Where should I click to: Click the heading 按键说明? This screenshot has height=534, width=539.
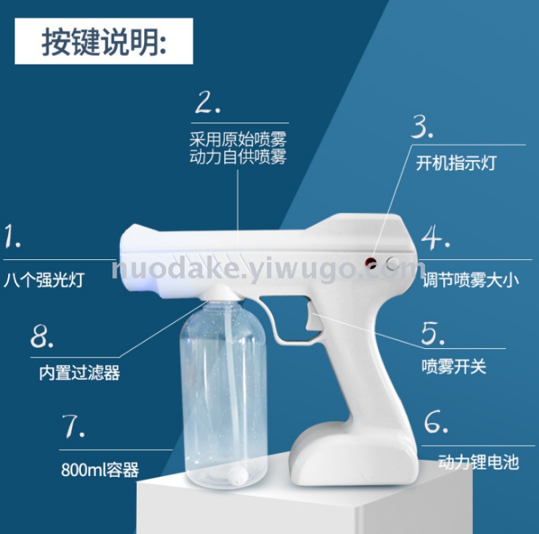click(104, 42)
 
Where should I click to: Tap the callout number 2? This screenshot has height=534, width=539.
click(208, 102)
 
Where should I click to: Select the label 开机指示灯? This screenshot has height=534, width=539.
click(456, 162)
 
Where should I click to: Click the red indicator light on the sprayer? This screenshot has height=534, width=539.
click(371, 263)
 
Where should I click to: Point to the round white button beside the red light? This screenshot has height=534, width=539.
click(392, 263)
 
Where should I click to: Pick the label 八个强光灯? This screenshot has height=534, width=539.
click(44, 279)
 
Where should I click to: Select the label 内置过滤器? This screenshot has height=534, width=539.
click(80, 372)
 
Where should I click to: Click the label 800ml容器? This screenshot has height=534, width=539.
click(100, 469)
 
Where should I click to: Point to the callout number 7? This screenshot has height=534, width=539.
click(73, 426)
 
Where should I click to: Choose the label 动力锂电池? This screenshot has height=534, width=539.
click(478, 461)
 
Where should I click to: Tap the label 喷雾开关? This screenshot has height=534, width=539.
click(454, 366)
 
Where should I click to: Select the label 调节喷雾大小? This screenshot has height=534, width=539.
click(470, 280)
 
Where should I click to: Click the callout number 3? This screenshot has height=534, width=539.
click(422, 127)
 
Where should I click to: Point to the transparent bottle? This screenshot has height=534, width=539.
click(224, 392)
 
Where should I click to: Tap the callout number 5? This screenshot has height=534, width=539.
click(433, 333)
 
